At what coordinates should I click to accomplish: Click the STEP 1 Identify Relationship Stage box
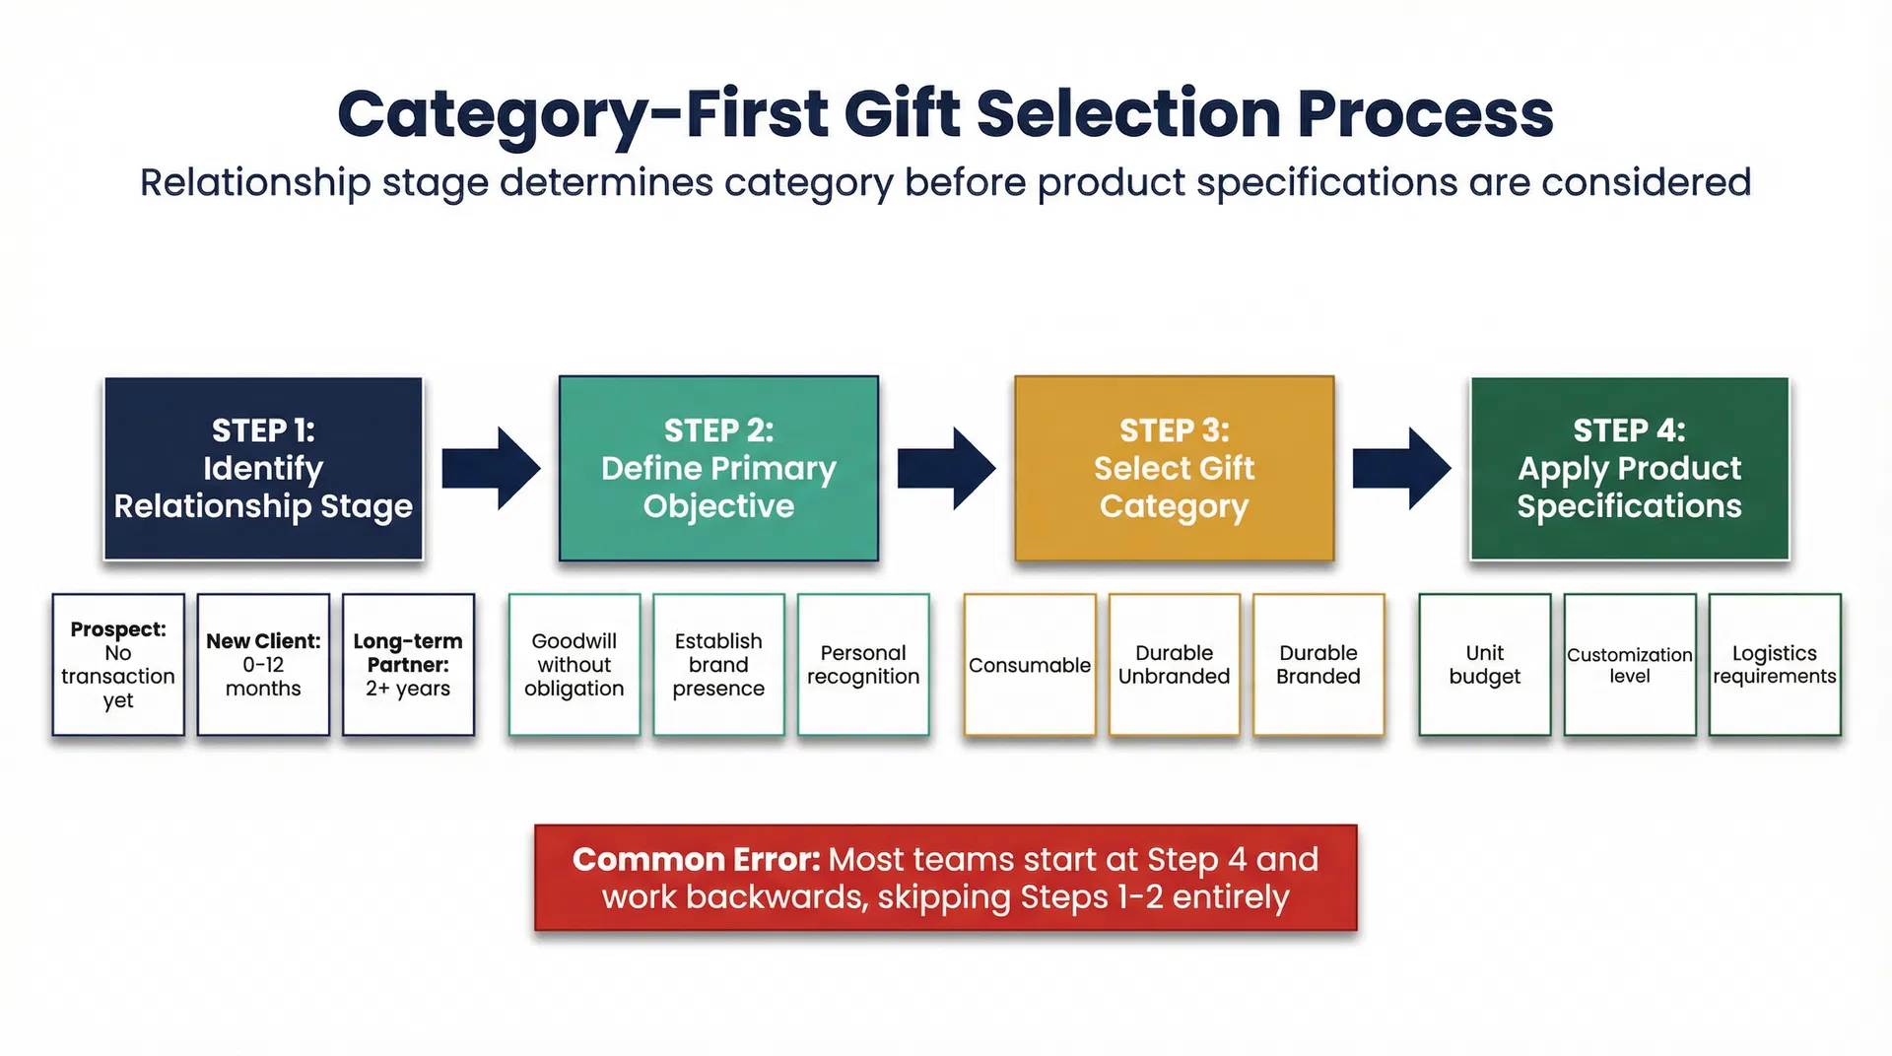pos(263,469)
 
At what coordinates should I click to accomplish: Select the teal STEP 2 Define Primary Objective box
pos(718,469)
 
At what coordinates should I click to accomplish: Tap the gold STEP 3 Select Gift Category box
pos(1174,469)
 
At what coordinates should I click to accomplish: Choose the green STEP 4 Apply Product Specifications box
pos(1629,469)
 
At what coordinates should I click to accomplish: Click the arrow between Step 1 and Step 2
pos(491,469)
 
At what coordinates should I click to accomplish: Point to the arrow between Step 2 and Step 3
pos(946,469)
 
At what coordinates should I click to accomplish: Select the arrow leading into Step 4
pos(1401,469)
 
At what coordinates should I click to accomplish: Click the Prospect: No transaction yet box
pos(118,665)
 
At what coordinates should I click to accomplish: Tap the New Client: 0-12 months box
pos(263,665)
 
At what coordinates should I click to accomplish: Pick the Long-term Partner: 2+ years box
pos(408,665)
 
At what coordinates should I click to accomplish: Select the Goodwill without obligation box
pos(574,665)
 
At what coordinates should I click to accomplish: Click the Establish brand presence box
pos(718,665)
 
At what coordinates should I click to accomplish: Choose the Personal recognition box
pos(863,665)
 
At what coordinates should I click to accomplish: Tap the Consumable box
pos(1030,665)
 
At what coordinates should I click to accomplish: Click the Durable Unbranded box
pos(1174,665)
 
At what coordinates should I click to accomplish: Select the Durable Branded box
pos(1318,665)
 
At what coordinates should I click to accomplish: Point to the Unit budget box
pos(1485,665)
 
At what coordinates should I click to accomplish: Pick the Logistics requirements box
pos(1775,665)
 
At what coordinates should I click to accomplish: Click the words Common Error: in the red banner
pos(696,860)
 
